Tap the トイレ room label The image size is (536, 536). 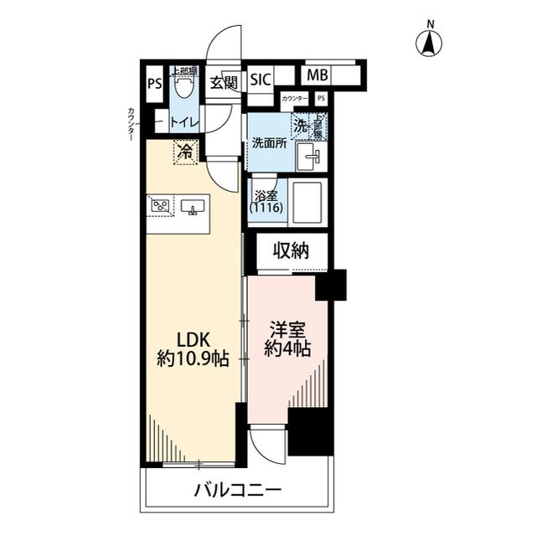click(183, 122)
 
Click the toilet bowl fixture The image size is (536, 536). click(183, 84)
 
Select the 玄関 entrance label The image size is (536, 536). click(223, 82)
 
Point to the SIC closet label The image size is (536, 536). click(260, 80)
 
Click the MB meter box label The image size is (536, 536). click(317, 75)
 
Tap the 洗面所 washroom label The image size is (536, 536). click(270, 142)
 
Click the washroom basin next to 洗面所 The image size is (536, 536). click(311, 154)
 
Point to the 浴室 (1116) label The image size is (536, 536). click(266, 201)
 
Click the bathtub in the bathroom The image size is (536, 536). click(307, 204)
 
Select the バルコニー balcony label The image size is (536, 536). click(238, 491)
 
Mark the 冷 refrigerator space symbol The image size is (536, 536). click(183, 152)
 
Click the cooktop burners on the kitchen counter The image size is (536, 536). click(162, 205)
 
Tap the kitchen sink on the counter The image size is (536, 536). click(193, 206)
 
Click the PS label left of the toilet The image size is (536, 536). click(154, 83)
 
